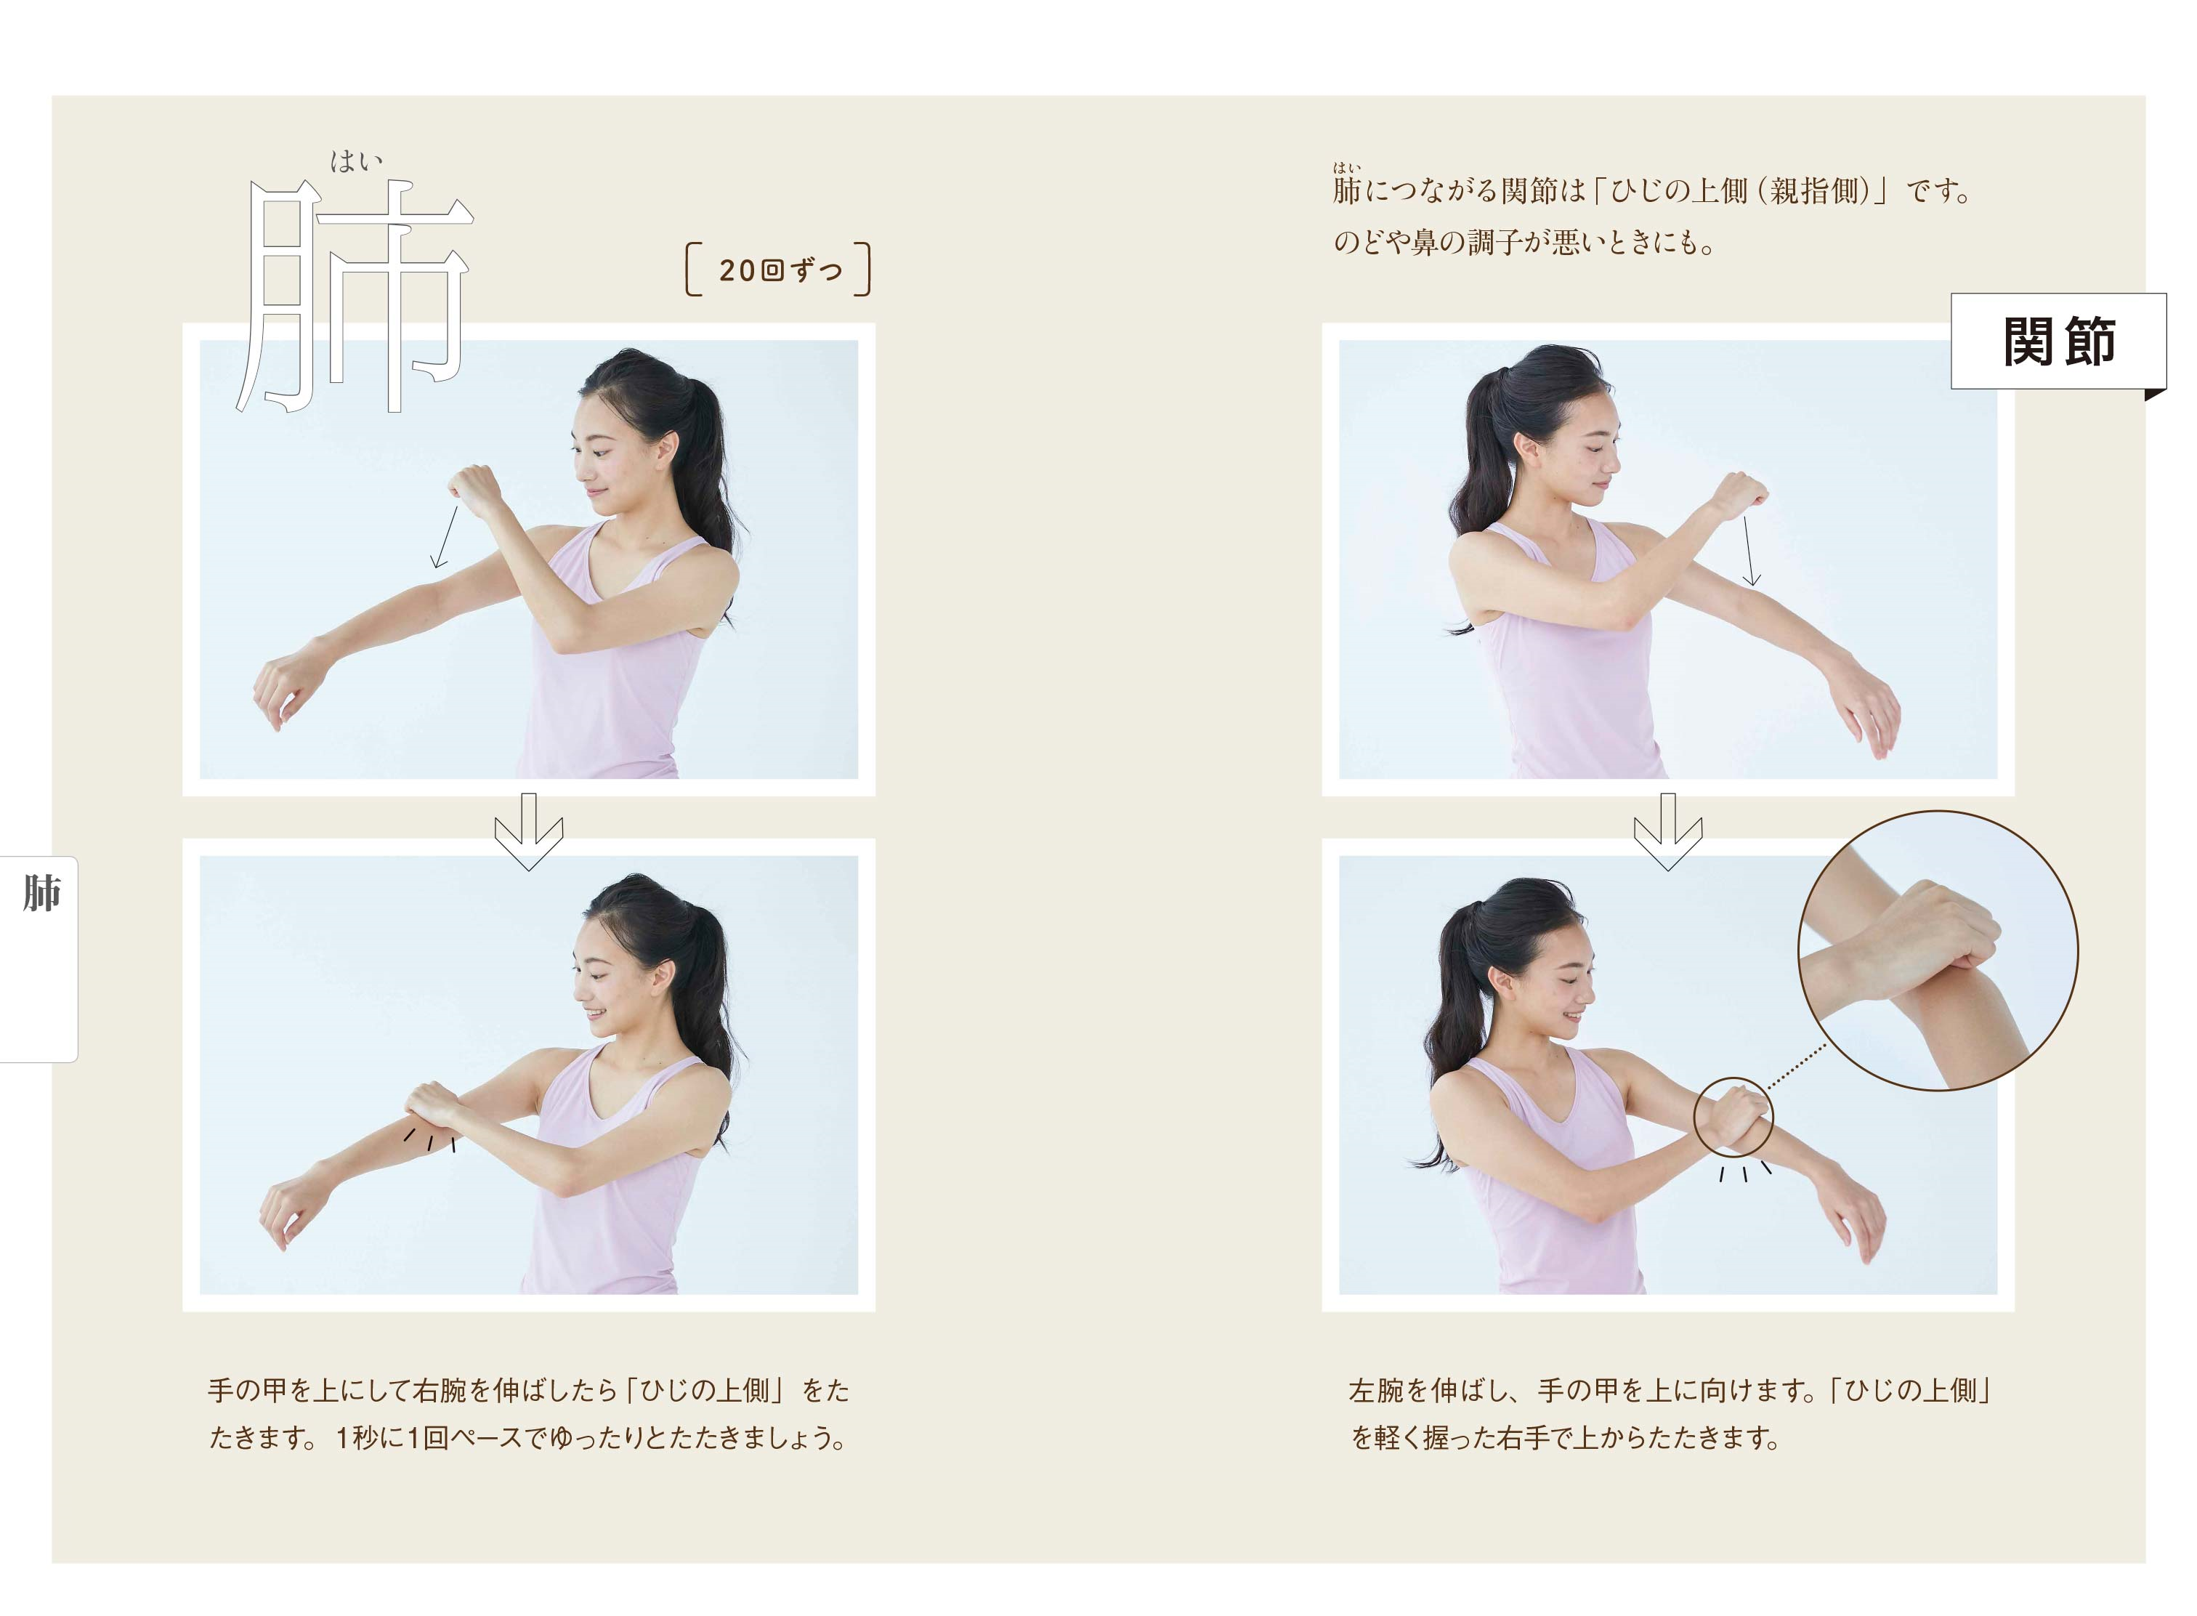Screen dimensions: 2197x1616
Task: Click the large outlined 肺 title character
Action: (354, 296)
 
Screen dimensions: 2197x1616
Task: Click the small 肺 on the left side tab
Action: (42, 892)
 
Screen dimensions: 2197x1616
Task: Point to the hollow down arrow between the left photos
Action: (528, 831)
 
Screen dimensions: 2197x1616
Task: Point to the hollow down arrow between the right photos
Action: (1668, 831)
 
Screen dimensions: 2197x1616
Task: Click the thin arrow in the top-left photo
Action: (445, 536)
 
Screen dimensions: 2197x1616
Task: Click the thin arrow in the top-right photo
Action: (1749, 551)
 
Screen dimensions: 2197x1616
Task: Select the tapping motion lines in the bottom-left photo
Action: (430, 1139)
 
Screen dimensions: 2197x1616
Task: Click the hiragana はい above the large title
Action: (356, 161)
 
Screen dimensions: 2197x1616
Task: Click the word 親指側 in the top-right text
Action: (1816, 191)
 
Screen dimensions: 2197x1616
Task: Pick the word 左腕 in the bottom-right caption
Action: (1375, 1390)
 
